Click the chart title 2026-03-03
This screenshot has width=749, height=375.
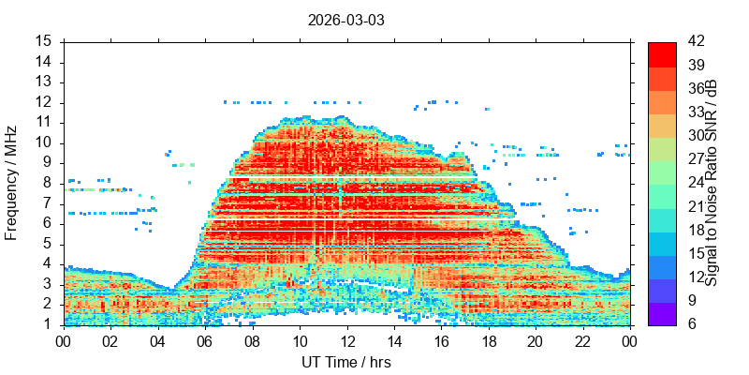tap(345, 21)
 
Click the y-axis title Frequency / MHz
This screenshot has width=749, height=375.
tap(10, 183)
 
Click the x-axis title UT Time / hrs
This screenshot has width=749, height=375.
tap(346, 362)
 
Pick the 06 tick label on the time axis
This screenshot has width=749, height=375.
tap(205, 341)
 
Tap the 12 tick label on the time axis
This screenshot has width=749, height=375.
tap(347, 341)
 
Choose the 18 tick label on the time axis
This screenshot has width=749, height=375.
tap(489, 341)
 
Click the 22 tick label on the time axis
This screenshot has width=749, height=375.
tap(583, 341)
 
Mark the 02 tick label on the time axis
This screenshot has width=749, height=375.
tap(111, 341)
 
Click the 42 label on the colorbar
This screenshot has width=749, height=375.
tap(696, 41)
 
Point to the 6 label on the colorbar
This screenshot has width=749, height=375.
tap(692, 323)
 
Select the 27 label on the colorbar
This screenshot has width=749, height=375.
tap(696, 158)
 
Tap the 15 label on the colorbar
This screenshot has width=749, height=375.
tap(696, 253)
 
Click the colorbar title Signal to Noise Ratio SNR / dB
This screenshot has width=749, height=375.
tap(712, 183)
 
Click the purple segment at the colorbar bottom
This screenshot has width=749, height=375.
tap(662, 314)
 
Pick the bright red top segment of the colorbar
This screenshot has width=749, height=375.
tap(662, 54)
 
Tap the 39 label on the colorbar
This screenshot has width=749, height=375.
tap(696, 65)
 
